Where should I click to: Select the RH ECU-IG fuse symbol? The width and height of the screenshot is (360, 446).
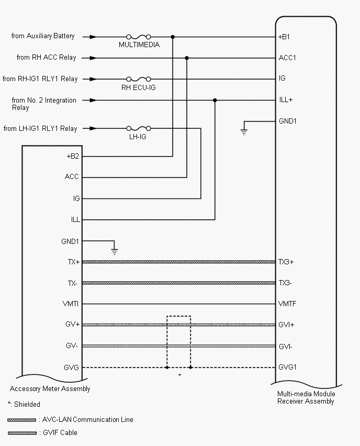[x=139, y=79]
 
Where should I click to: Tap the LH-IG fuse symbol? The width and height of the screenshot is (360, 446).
[x=139, y=128]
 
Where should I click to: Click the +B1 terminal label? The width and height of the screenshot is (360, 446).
[x=285, y=37]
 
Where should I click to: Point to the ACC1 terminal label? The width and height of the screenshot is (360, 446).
[x=287, y=58]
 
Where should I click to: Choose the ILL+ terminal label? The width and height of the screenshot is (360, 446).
[x=286, y=99]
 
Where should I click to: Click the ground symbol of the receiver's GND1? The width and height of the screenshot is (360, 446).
[x=243, y=131]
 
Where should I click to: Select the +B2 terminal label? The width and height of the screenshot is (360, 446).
[x=72, y=156]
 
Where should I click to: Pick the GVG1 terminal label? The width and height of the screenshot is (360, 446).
[x=287, y=367]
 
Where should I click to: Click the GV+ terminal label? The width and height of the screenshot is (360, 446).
[x=72, y=325]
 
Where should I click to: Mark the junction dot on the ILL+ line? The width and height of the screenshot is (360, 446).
[x=215, y=100]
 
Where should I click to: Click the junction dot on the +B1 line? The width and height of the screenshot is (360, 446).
[x=173, y=37]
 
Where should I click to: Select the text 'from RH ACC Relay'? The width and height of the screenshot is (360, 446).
[x=46, y=58]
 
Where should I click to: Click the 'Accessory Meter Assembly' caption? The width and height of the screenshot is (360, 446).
[x=50, y=389]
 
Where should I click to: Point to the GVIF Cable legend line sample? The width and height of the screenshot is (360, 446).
[x=21, y=433]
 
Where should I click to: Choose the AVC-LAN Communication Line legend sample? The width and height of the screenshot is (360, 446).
[x=21, y=420]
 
